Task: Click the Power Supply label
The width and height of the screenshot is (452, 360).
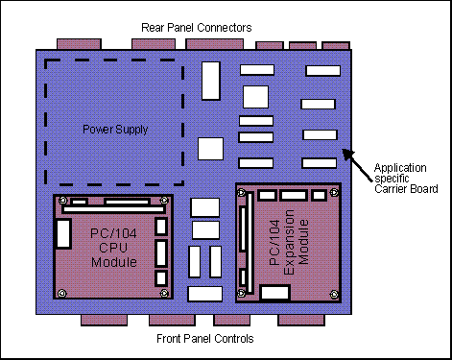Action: pos(115,130)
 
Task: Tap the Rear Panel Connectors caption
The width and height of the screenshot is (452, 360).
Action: pos(197,28)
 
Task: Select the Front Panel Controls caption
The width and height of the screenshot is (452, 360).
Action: pos(205,339)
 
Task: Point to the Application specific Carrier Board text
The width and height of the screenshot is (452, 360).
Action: pos(406,179)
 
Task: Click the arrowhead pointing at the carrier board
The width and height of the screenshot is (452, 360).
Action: pos(347,154)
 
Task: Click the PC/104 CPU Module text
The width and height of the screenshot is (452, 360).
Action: pos(113,248)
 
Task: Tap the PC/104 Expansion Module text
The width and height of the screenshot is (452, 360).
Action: pos(289,242)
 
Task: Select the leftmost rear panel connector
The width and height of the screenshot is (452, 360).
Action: pos(79,44)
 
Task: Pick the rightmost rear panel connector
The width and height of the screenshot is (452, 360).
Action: pos(336,46)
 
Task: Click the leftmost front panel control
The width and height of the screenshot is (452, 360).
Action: pos(104,320)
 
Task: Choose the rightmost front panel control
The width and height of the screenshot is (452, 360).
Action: pos(301,320)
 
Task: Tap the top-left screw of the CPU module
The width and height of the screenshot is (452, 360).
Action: pos(63,201)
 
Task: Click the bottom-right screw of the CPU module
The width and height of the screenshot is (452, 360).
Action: pos(164,293)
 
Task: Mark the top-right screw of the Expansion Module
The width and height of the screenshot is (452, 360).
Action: pos(334,192)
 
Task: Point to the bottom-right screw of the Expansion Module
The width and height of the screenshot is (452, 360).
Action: pos(334,295)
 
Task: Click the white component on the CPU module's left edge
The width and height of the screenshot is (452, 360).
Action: pos(63,233)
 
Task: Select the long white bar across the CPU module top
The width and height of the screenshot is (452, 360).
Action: pos(114,209)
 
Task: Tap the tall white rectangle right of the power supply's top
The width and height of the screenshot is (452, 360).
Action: pos(211,81)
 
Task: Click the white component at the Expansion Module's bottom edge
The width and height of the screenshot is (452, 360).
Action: pos(275,293)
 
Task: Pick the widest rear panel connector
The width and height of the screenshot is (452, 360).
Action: pos(215,44)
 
